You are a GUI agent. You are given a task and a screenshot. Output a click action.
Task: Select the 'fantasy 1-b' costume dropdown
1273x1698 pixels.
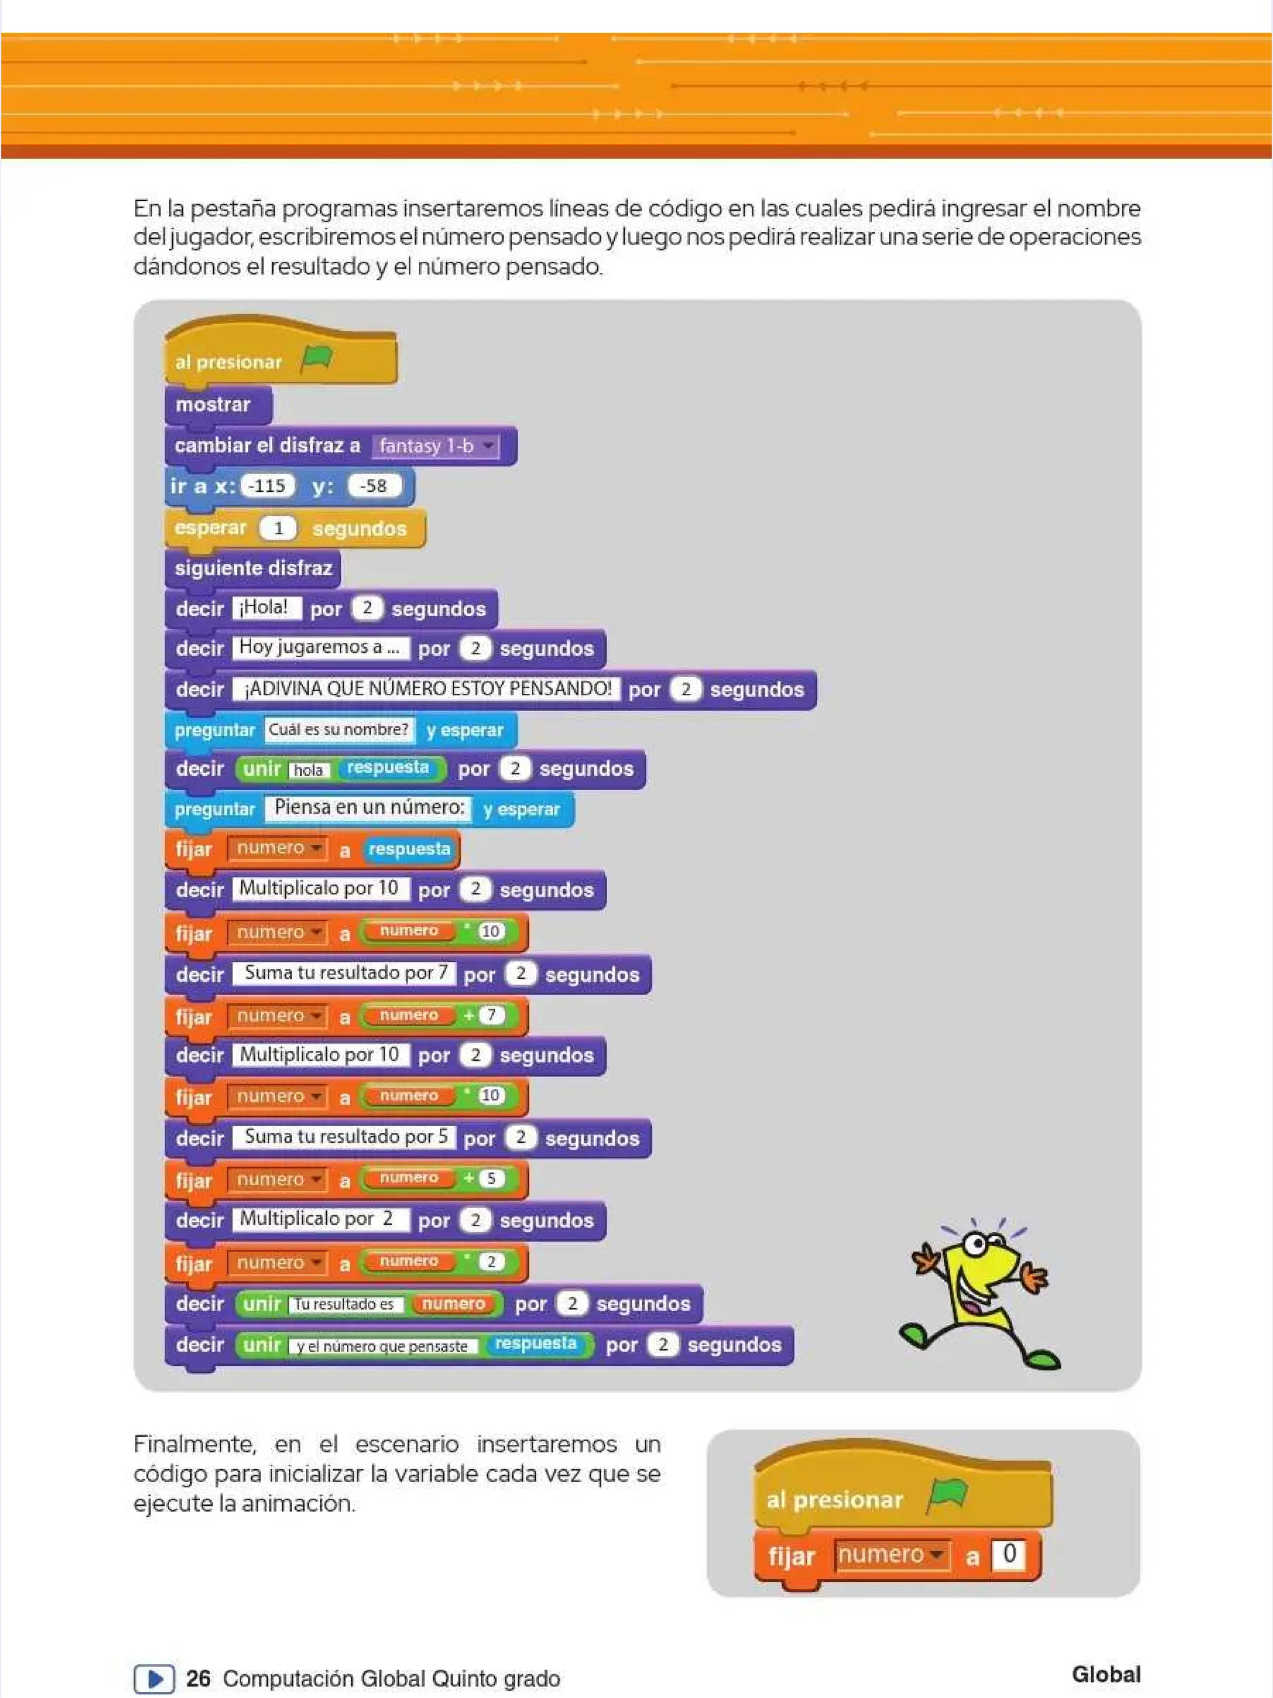[x=435, y=446]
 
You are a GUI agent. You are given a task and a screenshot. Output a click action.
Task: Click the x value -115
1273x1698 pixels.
[x=267, y=486]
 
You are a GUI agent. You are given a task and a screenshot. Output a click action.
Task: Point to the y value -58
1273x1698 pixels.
[x=374, y=486]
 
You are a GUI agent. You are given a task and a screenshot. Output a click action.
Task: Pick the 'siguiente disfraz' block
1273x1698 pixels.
[x=252, y=568]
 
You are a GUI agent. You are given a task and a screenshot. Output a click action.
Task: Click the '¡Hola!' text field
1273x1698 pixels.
[x=266, y=608]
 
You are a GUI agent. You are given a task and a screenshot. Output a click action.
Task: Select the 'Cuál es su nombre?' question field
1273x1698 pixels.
[x=338, y=729]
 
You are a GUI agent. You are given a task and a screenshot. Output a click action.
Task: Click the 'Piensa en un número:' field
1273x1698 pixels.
[x=369, y=808]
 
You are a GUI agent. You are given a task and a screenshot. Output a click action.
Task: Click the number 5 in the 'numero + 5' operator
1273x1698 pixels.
[x=491, y=1178]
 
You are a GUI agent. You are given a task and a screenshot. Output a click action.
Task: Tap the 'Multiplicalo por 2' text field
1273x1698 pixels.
[x=317, y=1219]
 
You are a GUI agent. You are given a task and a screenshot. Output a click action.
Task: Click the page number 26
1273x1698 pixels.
[x=198, y=1678]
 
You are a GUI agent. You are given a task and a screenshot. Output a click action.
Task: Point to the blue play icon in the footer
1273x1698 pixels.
[x=154, y=1679]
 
